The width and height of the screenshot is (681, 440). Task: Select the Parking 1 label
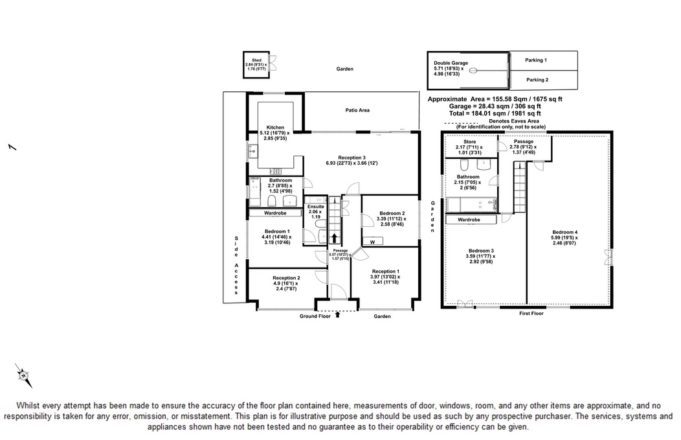(536, 60)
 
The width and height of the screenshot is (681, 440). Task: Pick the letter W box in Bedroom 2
(372, 242)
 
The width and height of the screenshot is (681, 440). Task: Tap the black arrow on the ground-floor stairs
(334, 238)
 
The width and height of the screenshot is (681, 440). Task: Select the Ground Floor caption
(315, 316)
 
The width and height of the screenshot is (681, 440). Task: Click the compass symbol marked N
(23, 375)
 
